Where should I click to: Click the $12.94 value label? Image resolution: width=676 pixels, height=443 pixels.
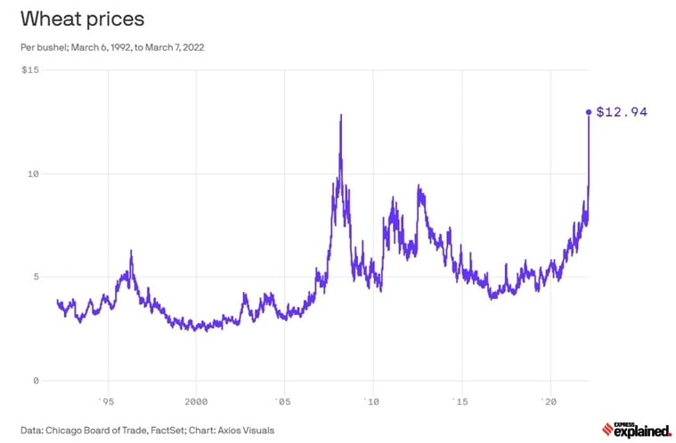pos(621,112)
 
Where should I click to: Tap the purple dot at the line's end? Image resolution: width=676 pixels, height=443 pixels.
pos(588,112)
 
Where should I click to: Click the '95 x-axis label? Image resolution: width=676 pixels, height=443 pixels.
pos(108,399)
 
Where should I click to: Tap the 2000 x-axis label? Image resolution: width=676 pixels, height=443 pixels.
pos(196,399)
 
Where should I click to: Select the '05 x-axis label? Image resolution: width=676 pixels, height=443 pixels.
pos(283,399)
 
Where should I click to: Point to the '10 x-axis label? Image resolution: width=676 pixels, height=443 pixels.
pos(372,399)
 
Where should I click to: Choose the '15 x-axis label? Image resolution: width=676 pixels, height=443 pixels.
pos(460,399)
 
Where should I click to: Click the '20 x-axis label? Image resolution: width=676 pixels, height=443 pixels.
pos(549,399)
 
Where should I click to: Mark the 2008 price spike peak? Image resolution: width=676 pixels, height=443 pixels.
pos(340,115)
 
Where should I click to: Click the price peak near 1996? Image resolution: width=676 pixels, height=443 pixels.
pos(131,252)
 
